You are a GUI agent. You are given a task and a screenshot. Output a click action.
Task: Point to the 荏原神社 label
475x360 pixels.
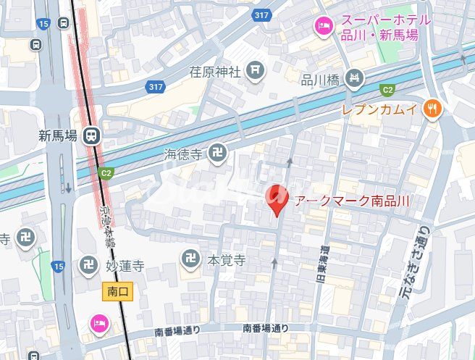(214, 71)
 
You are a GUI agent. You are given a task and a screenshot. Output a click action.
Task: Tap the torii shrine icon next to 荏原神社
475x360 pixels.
(253, 70)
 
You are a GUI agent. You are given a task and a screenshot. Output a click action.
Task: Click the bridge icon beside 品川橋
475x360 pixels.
(354, 78)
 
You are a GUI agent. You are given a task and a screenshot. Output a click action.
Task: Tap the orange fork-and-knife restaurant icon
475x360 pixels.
(432, 109)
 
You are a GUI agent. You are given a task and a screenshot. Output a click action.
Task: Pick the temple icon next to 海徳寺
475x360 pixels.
(217, 153)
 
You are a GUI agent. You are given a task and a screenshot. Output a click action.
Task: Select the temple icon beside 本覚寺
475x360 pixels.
(190, 259)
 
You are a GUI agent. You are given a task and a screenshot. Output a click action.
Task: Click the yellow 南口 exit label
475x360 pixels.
(117, 291)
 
